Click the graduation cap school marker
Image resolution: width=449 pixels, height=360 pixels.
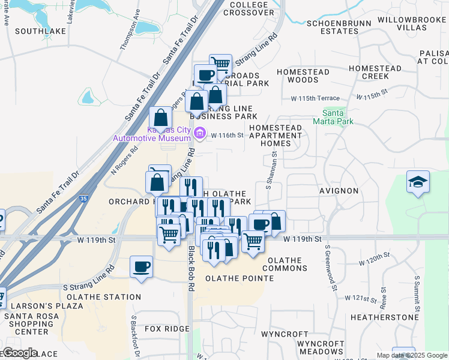coord(418,182)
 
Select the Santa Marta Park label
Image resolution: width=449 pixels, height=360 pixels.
coord(333,116)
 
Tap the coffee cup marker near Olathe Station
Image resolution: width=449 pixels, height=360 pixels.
coord(141,267)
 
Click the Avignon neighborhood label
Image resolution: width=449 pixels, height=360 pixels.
coord(339,191)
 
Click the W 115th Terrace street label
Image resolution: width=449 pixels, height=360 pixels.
coord(315,98)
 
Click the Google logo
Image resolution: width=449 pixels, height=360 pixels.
coord(19,353)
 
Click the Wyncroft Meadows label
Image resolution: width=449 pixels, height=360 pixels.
coord(320,347)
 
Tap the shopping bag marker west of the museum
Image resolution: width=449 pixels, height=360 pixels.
coord(160,118)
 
